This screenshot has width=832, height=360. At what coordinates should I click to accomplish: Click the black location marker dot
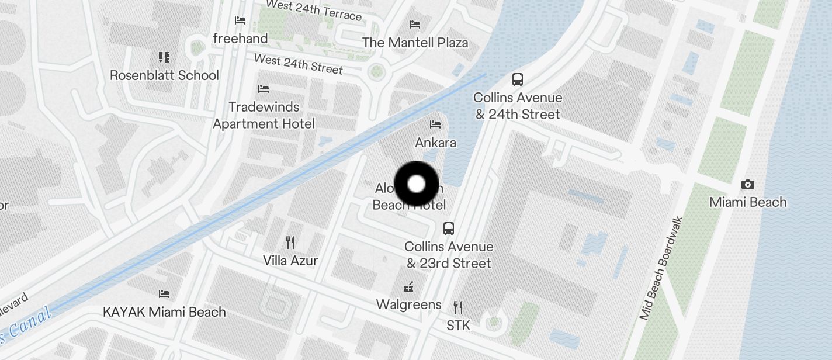416,184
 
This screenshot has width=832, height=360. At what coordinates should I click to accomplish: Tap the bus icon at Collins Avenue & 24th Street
517,79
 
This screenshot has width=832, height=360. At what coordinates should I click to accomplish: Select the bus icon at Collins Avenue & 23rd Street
449,229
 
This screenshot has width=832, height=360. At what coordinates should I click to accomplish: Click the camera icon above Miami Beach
747,185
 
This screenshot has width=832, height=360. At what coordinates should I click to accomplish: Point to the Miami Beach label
748,202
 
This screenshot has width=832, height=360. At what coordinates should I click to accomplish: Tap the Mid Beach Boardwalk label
661,268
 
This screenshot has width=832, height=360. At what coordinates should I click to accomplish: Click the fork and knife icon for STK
458,307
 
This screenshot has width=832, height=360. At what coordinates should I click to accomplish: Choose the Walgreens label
408,304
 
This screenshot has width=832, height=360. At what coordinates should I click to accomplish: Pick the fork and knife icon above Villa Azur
290,242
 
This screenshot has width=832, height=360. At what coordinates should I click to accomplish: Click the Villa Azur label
290,260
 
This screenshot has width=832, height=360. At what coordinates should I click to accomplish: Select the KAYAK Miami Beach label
164,311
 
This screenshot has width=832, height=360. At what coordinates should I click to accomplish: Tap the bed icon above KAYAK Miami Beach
164,293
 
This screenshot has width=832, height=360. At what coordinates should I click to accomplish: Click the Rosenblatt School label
165,75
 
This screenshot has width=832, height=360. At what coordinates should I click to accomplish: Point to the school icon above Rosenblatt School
164,57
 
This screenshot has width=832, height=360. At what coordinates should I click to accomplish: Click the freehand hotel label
240,39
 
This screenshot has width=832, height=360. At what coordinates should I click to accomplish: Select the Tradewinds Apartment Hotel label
264,115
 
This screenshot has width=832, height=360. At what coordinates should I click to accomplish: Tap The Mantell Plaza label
415,43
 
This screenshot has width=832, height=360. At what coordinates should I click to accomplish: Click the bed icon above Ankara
435,124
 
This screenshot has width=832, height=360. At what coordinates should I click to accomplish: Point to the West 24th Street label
298,64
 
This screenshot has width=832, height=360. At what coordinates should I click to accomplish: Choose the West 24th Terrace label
313,10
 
